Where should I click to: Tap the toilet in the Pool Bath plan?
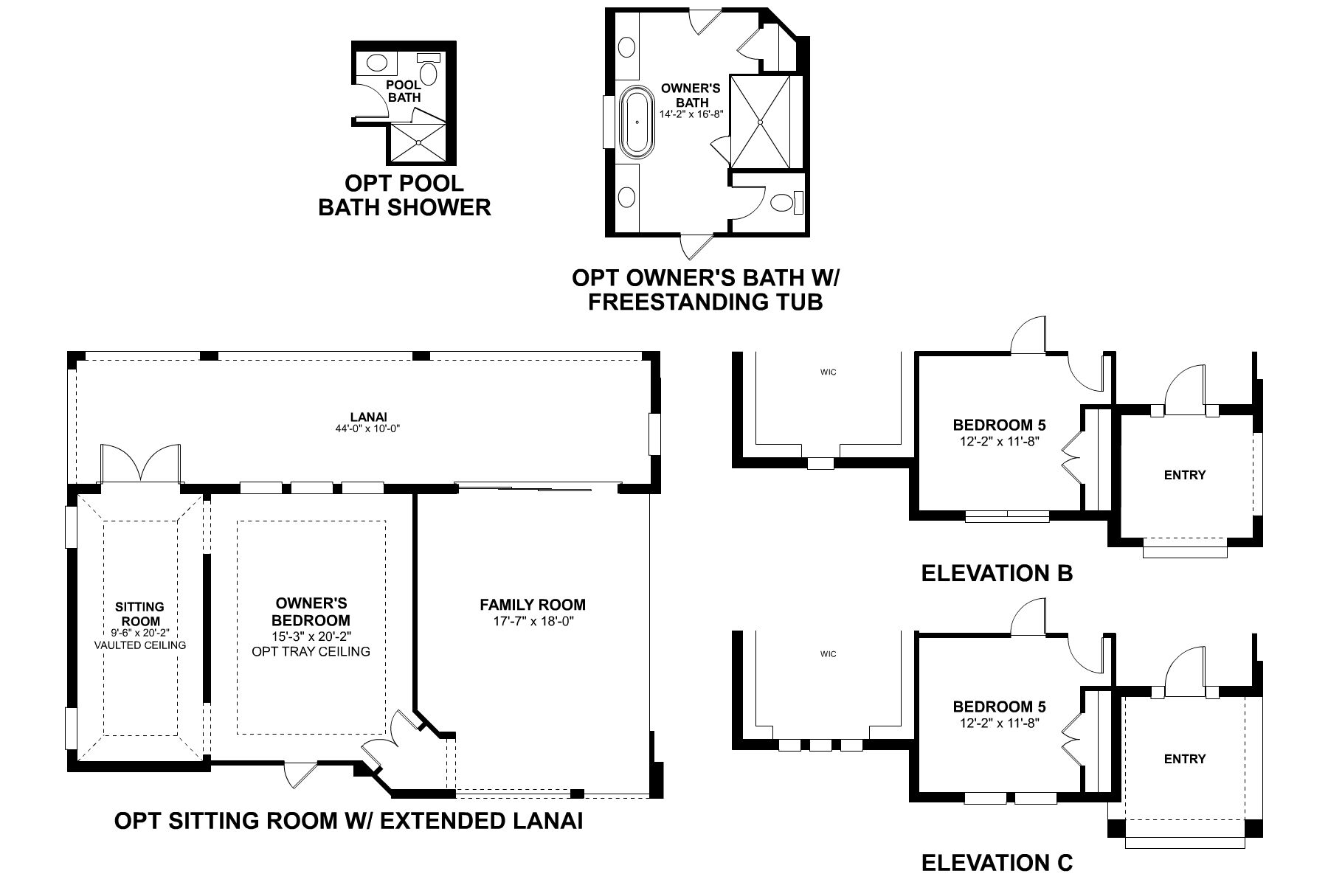click(429, 73)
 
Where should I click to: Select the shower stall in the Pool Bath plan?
click(418, 142)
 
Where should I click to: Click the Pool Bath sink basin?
click(376, 63)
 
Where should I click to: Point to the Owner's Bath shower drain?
click(759, 121)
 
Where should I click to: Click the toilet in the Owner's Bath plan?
click(781, 202)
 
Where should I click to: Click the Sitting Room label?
click(139, 614)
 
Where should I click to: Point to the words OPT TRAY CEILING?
click(311, 651)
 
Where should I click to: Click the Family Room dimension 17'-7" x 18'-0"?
click(533, 622)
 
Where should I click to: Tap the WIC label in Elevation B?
click(828, 372)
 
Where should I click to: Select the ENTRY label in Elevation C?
click(1184, 759)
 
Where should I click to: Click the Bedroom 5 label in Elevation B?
click(999, 425)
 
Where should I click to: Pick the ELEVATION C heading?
click(997, 862)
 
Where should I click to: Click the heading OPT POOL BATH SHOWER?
click(404, 195)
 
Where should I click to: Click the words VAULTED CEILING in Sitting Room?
click(139, 645)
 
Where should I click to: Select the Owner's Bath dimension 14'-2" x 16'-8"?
click(685, 114)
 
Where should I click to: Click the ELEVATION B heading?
click(997, 573)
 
